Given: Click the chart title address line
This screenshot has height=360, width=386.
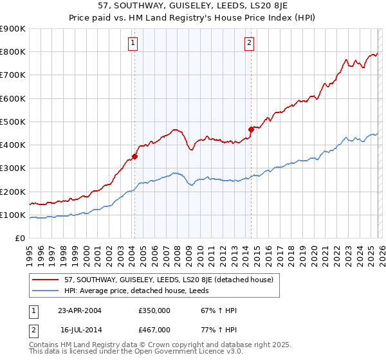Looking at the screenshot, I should pyautogui.click(x=193, y=6).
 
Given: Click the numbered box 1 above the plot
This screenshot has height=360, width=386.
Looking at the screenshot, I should pyautogui.click(x=133, y=43).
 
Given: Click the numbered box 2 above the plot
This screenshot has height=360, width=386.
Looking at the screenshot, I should pyautogui.click(x=249, y=43).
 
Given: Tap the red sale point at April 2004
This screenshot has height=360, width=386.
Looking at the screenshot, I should pyautogui.click(x=134, y=156).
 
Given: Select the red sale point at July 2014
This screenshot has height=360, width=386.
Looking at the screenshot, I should pyautogui.click(x=251, y=129).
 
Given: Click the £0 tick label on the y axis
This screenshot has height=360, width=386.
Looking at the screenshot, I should pyautogui.click(x=19, y=238).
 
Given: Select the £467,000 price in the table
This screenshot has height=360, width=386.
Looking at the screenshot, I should pyautogui.click(x=154, y=329).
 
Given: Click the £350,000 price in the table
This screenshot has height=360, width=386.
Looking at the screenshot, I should pyautogui.click(x=154, y=310).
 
